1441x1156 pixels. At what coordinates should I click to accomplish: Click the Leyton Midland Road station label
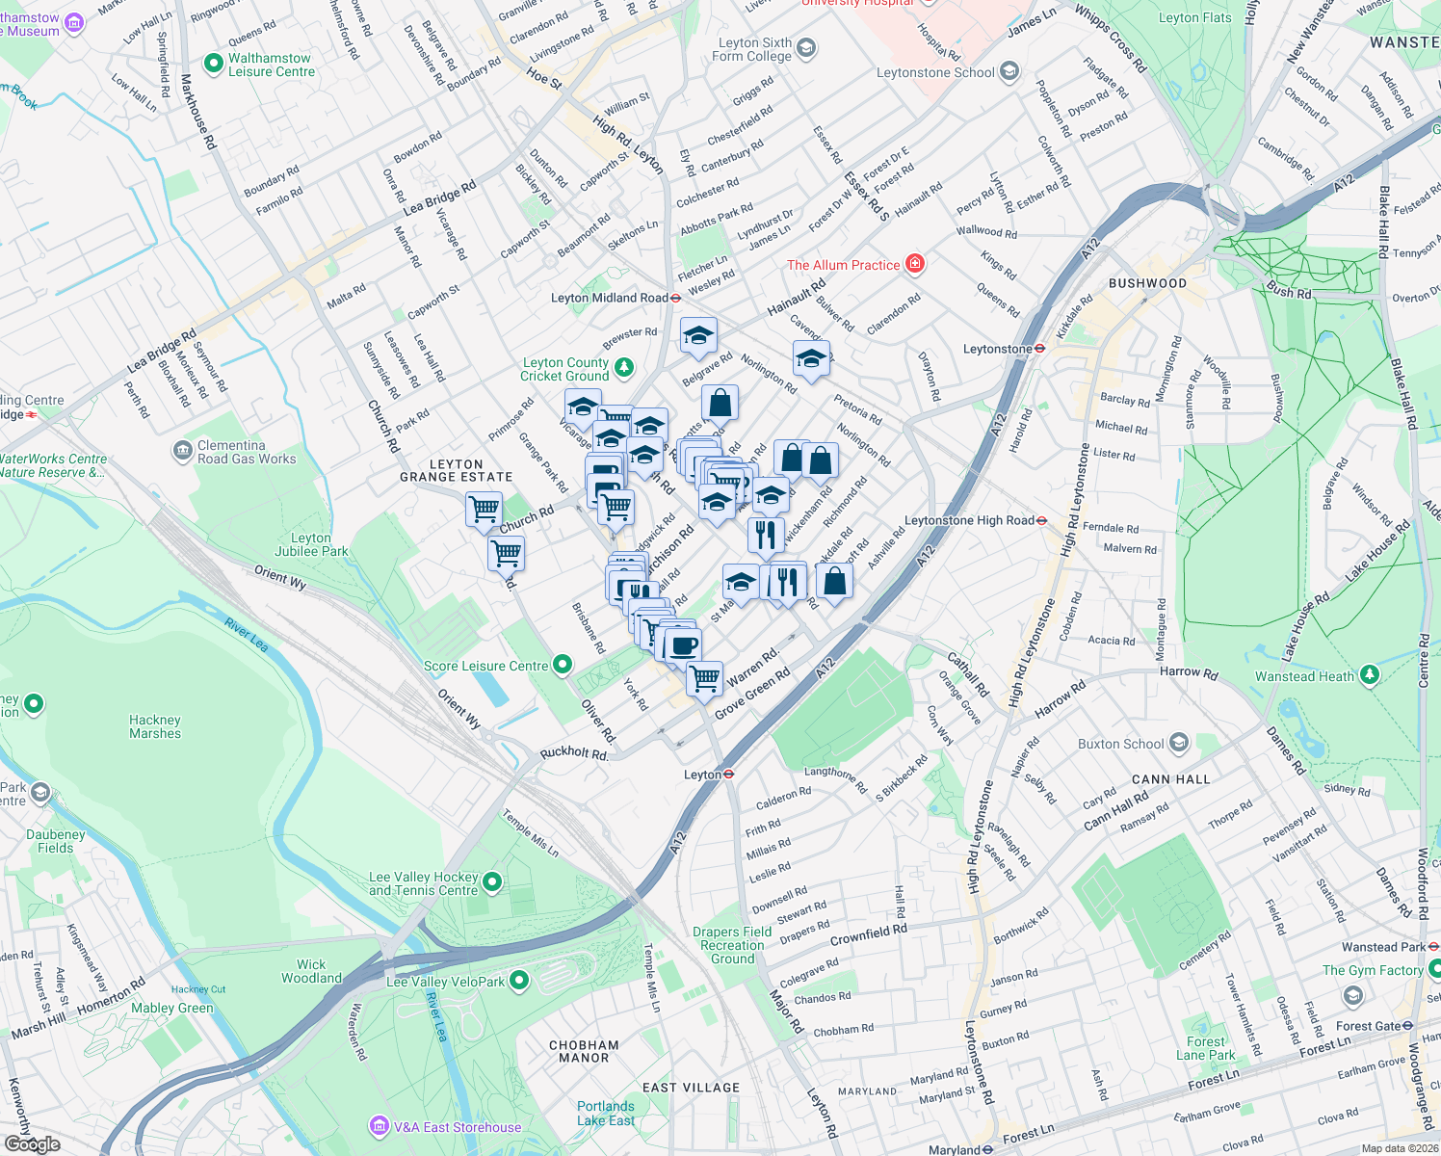tap(609, 298)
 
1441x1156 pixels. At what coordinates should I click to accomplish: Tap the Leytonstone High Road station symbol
tap(1042, 520)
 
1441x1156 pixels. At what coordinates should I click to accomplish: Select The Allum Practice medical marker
tap(914, 264)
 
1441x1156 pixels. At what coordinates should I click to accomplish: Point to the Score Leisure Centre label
tap(485, 666)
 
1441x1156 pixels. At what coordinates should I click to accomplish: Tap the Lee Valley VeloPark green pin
tap(519, 981)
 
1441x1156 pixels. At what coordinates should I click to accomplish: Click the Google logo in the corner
tap(32, 1143)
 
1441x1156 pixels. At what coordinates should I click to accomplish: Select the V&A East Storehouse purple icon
tap(379, 1126)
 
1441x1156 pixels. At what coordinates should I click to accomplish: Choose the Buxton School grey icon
tap(1179, 744)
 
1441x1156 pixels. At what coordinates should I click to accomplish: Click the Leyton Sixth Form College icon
tap(806, 48)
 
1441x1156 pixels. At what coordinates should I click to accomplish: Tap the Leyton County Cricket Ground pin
tap(624, 367)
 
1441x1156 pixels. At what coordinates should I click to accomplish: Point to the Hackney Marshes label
tap(155, 726)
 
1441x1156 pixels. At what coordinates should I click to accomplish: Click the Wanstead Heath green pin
tap(1369, 675)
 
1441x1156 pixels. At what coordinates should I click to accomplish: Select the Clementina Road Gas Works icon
tap(182, 451)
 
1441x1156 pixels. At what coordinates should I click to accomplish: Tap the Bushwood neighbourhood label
tap(1147, 283)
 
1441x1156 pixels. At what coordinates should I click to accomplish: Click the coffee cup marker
tap(683, 644)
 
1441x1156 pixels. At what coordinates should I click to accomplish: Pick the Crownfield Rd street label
tap(868, 933)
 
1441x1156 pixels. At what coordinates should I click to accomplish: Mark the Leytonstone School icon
tap(1009, 71)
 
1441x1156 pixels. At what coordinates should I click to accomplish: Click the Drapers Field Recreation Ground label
tap(732, 945)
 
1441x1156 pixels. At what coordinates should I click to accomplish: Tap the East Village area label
tap(691, 1088)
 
